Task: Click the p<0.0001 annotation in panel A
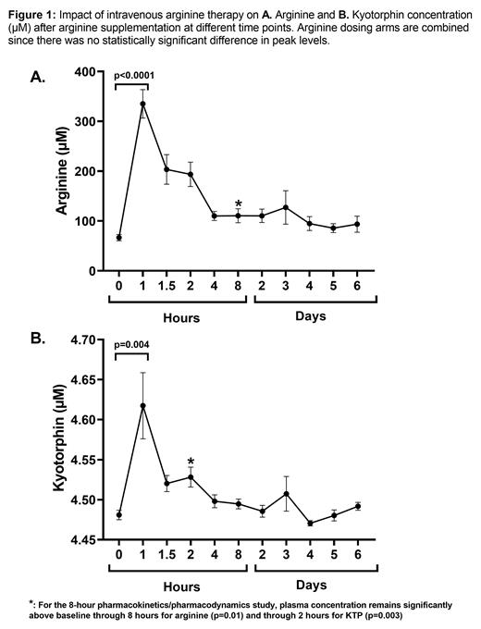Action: [x=131, y=74]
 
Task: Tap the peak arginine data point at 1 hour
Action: [x=142, y=104]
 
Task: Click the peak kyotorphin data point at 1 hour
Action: [x=142, y=405]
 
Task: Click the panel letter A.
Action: [x=36, y=78]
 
